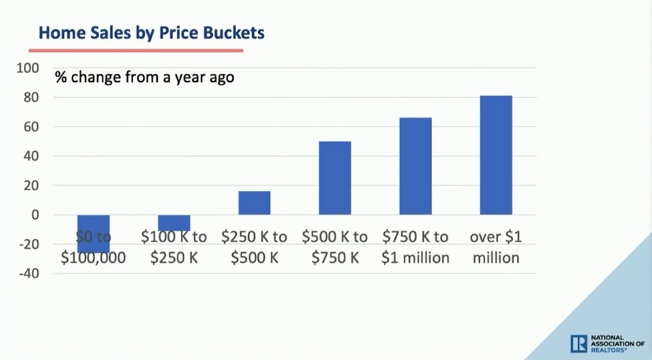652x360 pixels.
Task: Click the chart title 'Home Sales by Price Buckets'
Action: pos(152,32)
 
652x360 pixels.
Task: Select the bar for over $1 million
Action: pos(496,155)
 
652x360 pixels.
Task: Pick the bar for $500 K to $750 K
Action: pos(335,178)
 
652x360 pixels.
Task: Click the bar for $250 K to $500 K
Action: pos(254,203)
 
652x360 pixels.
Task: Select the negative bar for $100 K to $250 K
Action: pos(174,222)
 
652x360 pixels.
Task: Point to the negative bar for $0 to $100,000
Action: pos(93,233)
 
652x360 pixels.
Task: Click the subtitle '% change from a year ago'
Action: pos(144,77)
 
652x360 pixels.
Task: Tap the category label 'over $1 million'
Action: pos(496,247)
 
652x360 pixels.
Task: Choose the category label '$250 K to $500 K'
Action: pos(254,247)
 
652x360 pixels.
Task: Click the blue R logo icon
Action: pos(578,343)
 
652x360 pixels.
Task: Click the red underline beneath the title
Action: pos(136,50)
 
